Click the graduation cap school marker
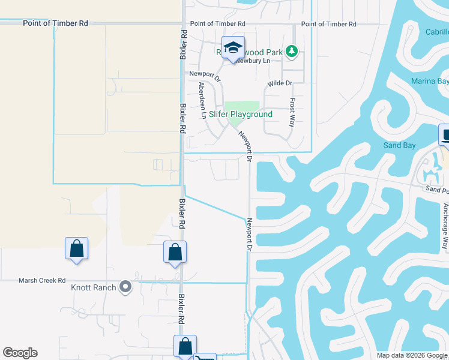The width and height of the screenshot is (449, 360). pyautogui.click(x=233, y=48)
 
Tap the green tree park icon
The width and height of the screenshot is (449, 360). pyautogui.click(x=292, y=52)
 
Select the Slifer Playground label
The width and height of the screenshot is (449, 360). pyautogui.click(x=240, y=114)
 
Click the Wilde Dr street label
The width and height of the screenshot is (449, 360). pyautogui.click(x=280, y=83)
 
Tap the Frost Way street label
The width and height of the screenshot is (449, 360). pyautogui.click(x=292, y=112)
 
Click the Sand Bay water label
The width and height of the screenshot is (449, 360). pyautogui.click(x=399, y=146)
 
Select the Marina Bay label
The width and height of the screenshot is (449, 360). pyautogui.click(x=429, y=81)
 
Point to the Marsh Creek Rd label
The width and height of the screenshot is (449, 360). pyautogui.click(x=41, y=280)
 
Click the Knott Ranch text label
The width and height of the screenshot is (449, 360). pyautogui.click(x=93, y=288)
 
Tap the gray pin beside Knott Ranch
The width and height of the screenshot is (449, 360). pyautogui.click(x=125, y=287)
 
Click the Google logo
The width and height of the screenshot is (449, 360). pyautogui.click(x=20, y=353)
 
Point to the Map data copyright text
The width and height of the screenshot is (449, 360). pyautogui.click(x=412, y=355)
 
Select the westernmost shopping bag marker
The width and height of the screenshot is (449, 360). pyautogui.click(x=77, y=249)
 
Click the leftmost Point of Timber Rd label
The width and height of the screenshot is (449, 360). pyautogui.click(x=55, y=23)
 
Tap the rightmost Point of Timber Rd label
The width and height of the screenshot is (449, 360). pyautogui.click(x=329, y=24)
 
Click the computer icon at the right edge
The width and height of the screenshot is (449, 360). pyautogui.click(x=445, y=135)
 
